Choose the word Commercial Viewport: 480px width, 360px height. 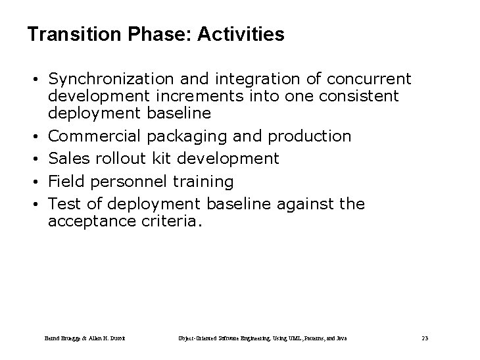95,136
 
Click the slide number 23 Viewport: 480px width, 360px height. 425,338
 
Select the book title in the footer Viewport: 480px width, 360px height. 264,338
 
